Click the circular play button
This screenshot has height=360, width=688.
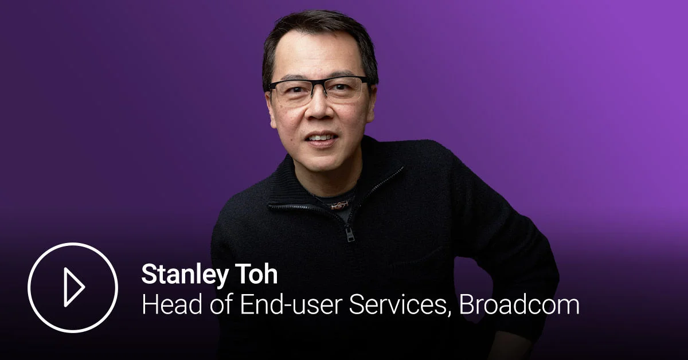coord(73,287)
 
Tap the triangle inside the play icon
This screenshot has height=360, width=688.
coord(75,287)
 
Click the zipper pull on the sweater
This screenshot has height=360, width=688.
coord(349,233)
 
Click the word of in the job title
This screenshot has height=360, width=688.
coord(215,305)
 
